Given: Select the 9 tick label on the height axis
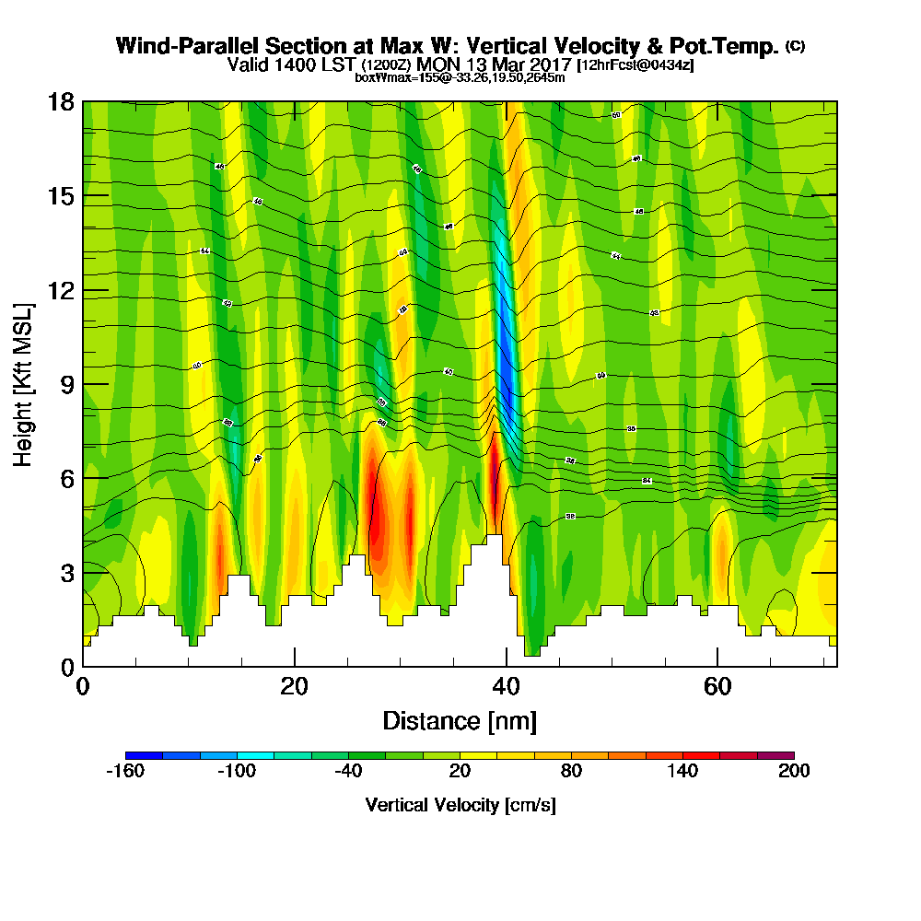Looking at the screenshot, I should click(x=67, y=384).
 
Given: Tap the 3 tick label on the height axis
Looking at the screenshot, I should click(x=67, y=573).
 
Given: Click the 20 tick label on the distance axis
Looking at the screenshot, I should click(x=294, y=686).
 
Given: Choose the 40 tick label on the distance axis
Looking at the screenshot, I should click(x=505, y=686).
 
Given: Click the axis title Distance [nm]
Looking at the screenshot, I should click(x=460, y=720).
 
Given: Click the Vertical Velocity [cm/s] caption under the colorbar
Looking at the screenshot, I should click(x=460, y=805).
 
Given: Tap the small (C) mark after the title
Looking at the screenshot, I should click(x=795, y=45).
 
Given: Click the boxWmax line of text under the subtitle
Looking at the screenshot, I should click(x=460, y=77).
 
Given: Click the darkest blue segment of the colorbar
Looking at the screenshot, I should click(x=145, y=755).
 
